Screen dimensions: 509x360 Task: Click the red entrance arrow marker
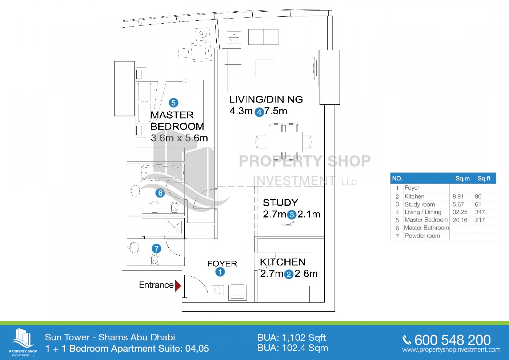(178, 285)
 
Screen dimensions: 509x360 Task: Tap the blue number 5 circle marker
(173, 103)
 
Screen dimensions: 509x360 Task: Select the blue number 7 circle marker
(156, 249)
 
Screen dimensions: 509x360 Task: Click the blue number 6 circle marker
(160, 193)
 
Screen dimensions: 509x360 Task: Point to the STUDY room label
(280, 203)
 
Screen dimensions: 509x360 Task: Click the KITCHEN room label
(282, 262)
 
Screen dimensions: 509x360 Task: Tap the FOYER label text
(222, 264)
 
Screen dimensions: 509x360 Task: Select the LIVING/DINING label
(266, 100)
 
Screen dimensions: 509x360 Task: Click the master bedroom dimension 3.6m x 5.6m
(179, 138)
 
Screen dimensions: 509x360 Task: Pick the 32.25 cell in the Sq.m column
(460, 212)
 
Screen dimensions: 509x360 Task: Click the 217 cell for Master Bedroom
(480, 220)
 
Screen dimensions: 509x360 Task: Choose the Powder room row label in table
(422, 236)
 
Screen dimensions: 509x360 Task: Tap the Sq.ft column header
(484, 178)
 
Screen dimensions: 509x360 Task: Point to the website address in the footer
(451, 350)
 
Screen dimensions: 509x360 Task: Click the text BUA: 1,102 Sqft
(292, 338)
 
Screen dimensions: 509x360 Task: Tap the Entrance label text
(156, 285)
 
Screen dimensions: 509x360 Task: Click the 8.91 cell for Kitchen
(458, 196)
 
